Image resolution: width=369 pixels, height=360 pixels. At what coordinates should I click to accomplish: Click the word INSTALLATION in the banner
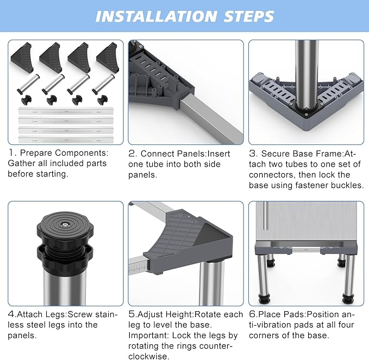pos(156,16)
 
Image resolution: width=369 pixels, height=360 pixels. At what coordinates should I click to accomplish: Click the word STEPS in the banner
pos(249,16)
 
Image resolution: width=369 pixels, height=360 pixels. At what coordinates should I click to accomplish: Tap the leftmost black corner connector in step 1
pos(22,58)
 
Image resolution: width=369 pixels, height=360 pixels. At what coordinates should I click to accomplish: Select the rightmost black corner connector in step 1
pos(108,58)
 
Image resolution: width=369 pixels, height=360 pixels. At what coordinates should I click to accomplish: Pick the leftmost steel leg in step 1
pos(28,84)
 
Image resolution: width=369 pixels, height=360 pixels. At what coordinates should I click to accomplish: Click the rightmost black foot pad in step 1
pos(103,100)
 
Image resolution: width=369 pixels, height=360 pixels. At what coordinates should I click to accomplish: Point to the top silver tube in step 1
pos(66,111)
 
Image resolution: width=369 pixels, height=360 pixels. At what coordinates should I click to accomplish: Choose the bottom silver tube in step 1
pos(66,140)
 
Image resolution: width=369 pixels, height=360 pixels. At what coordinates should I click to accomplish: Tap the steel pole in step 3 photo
pos(307,75)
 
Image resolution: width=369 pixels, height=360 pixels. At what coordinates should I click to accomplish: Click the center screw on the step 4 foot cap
pos(65,225)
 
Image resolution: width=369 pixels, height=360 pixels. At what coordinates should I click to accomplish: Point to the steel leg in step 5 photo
pos(211,283)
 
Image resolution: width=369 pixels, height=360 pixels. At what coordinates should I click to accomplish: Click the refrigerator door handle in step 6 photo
pos(266,215)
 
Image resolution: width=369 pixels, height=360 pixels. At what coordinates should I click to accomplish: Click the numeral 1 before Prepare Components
pos(10,153)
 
